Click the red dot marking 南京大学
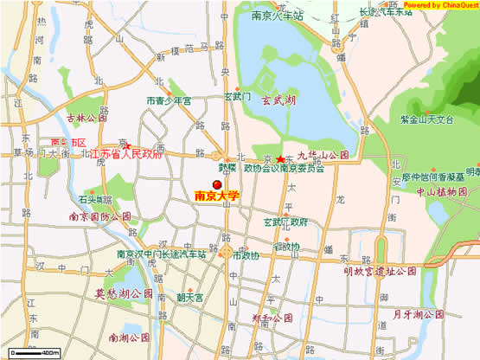(x=216, y=184)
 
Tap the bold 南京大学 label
(x=216, y=197)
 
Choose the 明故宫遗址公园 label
(x=379, y=271)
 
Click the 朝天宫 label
(x=189, y=297)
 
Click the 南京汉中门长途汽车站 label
(x=162, y=255)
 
